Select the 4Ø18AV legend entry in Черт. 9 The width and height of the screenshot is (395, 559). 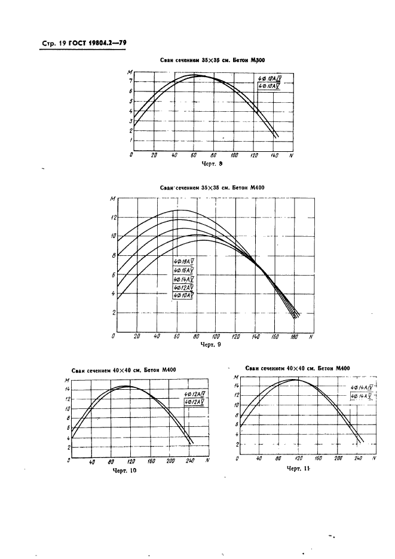(184, 262)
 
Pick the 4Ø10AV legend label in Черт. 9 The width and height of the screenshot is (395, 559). (184, 295)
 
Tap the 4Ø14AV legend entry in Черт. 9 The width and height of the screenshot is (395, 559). (184, 279)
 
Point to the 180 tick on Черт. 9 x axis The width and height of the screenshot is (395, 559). (294, 338)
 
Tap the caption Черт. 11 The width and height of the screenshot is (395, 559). (298, 469)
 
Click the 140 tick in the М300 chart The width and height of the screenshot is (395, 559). (274, 155)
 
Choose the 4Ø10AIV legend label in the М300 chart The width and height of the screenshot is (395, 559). (269, 78)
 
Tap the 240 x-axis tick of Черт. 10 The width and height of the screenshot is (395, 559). (191, 461)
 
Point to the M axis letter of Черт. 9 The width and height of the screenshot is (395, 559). (112, 198)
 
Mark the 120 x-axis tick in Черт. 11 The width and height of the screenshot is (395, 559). (298, 459)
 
